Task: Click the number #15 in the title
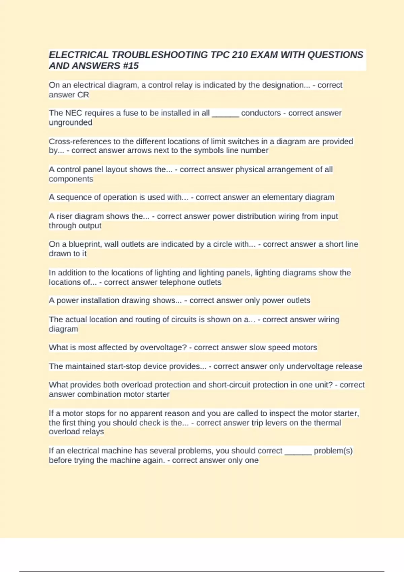coord(131,66)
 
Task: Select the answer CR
coord(83,95)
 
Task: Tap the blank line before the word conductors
coord(225,113)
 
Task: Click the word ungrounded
coord(70,123)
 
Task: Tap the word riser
coord(64,216)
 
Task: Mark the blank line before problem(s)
coord(298,451)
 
